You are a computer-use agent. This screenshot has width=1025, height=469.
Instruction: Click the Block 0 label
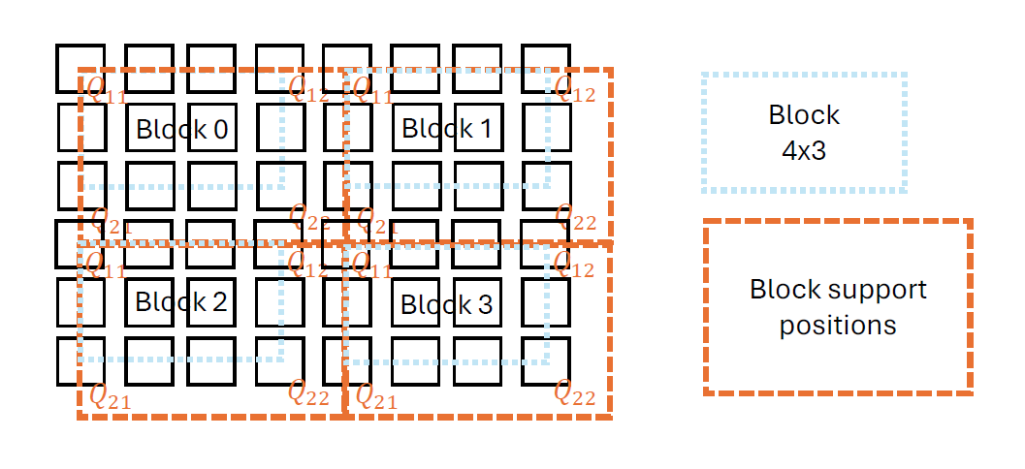coord(181,129)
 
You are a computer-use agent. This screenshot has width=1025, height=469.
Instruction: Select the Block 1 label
coord(446,128)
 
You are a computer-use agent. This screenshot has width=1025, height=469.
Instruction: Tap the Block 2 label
coord(181,301)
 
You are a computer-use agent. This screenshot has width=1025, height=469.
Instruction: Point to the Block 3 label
coord(446,304)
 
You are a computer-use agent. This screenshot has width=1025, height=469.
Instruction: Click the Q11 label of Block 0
coord(106,91)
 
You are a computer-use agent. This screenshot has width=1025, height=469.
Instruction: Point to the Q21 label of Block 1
coord(377,221)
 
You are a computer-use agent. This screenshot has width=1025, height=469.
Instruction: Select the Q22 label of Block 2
coord(308,392)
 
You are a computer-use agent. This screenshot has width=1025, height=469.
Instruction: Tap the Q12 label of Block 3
coord(574,264)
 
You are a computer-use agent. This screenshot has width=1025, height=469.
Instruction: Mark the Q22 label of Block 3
coord(575,392)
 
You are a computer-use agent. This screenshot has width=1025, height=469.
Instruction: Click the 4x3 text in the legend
coord(804,151)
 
